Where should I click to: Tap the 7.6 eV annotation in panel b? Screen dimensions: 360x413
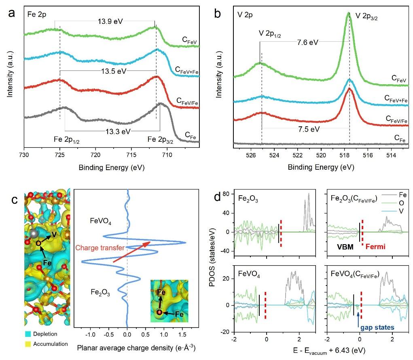[307, 42]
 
